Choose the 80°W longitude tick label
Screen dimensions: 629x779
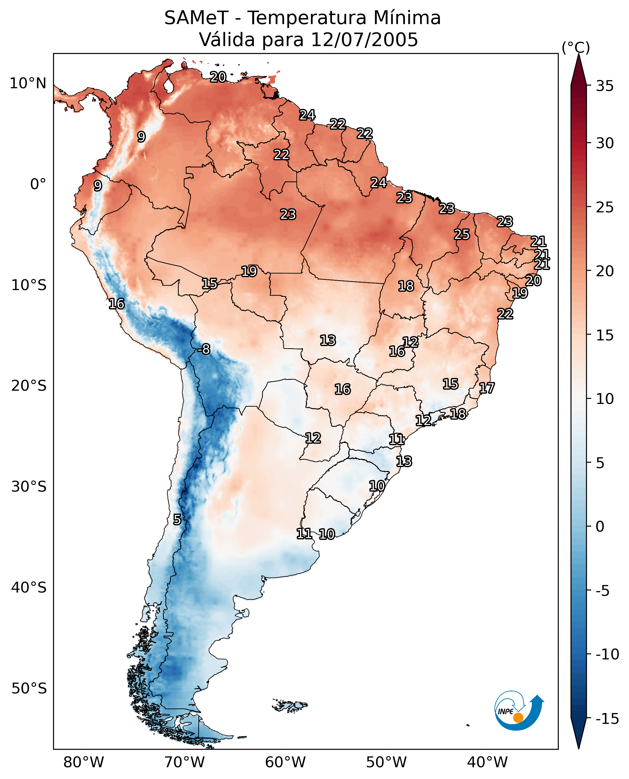[84, 762]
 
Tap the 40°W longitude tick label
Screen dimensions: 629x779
[487, 762]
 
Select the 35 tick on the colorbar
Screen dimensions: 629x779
[605, 86]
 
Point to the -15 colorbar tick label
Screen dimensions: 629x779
[607, 718]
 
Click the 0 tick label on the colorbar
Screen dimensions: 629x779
[600, 526]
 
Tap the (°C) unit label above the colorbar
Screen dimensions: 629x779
[576, 47]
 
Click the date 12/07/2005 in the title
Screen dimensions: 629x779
[365, 39]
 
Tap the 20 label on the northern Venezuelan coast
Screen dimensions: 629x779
[218, 77]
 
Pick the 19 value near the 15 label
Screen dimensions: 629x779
[249, 271]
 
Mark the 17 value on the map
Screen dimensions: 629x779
[487, 388]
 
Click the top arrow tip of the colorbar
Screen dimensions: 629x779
[579, 54]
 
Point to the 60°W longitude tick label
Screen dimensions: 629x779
[286, 762]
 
